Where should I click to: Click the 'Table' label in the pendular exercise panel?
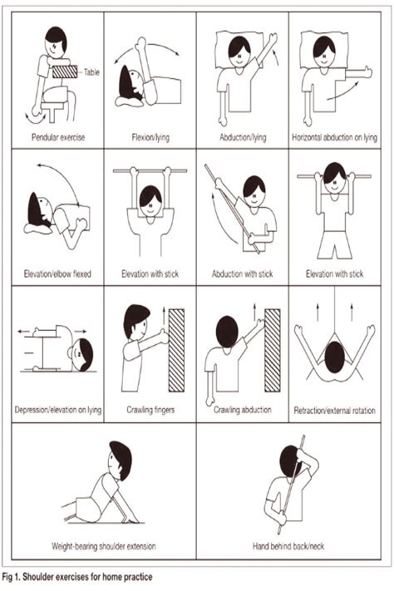click(92, 72)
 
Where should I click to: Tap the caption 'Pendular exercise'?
click(57, 135)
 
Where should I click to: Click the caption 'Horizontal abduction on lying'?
click(337, 135)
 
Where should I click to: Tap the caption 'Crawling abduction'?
click(243, 410)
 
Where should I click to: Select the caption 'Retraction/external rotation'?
click(337, 410)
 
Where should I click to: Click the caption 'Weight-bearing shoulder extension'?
click(103, 547)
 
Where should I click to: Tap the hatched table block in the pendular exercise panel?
click(66, 72)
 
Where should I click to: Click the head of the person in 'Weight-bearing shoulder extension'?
click(119, 456)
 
